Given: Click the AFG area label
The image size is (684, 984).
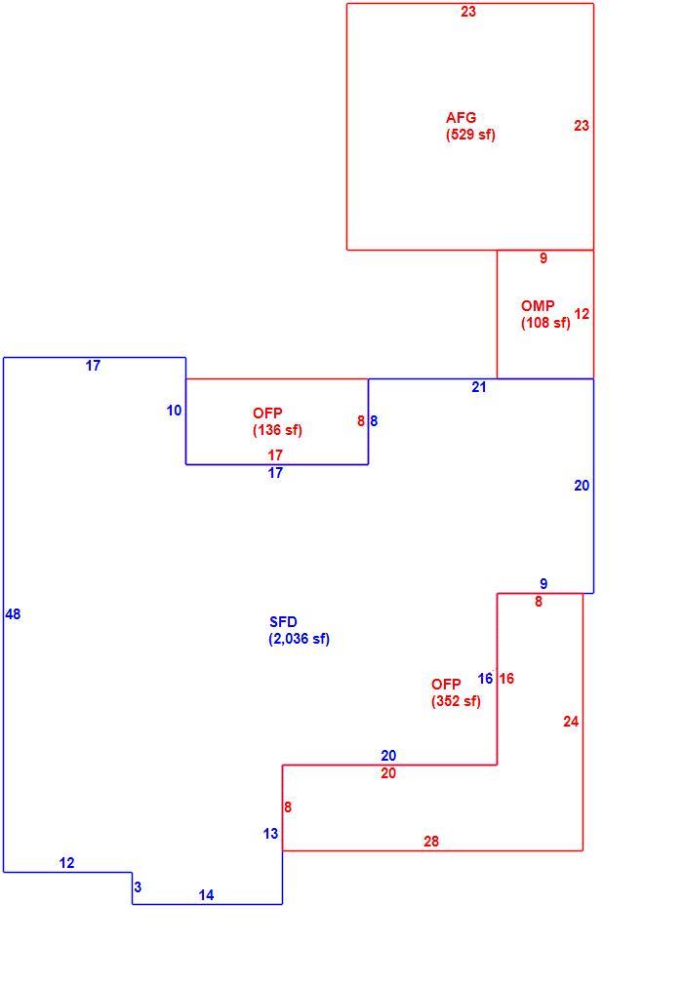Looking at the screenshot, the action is point(461,117).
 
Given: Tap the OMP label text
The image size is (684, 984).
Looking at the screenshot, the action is point(538,305).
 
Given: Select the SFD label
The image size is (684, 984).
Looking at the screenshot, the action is point(283,622).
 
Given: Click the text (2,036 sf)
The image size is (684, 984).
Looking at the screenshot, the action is point(299,639).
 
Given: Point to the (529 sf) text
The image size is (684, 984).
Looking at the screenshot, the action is point(470,135).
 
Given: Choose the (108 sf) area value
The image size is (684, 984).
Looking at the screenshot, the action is point(545,323).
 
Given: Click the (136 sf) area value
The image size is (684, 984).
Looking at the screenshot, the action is point(277,430).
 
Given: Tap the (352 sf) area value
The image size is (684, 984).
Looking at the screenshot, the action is point(456,701).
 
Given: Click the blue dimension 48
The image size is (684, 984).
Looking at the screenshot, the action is point(13,614).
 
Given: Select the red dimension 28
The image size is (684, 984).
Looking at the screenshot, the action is point(431,841).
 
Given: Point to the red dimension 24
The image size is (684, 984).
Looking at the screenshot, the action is point(570,722).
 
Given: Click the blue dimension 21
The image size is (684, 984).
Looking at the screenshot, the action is point(479,387).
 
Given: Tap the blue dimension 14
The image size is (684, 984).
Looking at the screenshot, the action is point(206,895).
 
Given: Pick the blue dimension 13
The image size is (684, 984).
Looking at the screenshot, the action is point(270,834).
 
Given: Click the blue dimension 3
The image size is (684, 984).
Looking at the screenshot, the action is point(138,887).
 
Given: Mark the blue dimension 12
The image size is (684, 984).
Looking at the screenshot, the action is point(66,863).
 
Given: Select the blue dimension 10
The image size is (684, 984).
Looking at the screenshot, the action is point(174,411).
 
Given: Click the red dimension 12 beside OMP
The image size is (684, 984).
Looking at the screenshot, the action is point(582,314).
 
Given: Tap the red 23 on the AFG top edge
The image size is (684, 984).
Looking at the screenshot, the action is point(468,12).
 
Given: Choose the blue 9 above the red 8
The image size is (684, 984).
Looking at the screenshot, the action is point(543,583).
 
